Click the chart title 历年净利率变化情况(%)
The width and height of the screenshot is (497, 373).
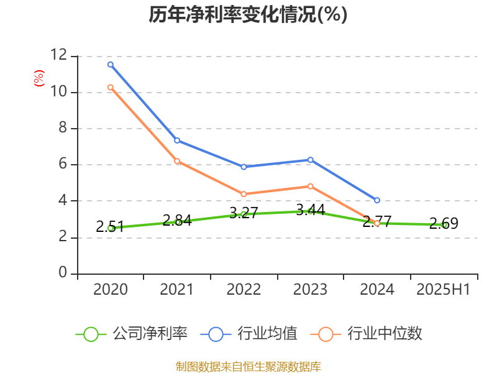coord(248,15)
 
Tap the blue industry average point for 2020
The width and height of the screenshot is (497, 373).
coord(111,64)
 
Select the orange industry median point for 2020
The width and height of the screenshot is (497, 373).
coord(111,87)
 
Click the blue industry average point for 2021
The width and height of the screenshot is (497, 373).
coord(177,140)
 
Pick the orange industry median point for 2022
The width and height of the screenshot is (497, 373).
coord(244,194)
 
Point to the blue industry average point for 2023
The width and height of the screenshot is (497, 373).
coord(310,160)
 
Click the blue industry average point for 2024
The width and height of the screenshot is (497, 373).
coord(377,200)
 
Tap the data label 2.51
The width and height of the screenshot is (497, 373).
coord(110,227)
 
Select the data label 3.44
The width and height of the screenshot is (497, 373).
coord(310,210)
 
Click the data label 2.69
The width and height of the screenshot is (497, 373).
coord(444,224)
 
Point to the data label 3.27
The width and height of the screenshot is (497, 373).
coord(244,213)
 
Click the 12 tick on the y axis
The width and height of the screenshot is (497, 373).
coord(59,56)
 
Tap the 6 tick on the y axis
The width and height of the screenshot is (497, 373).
coord(63,165)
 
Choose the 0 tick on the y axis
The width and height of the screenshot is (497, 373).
coord(63,273)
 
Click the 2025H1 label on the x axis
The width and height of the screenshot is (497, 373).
coord(444,290)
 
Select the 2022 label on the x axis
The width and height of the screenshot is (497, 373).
coord(244,290)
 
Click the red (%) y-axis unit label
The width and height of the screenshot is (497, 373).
coord(39,78)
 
